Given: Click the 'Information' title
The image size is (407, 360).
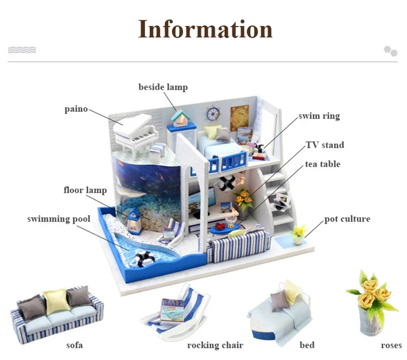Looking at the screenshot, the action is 206,29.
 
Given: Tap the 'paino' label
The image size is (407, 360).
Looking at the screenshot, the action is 76,109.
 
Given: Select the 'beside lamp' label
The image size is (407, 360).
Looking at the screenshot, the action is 163,87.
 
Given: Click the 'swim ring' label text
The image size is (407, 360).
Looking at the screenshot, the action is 319,115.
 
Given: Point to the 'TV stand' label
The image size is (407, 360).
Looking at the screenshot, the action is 325,145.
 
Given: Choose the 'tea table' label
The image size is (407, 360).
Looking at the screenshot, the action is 323,164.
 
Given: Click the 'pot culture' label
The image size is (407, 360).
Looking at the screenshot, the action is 347,219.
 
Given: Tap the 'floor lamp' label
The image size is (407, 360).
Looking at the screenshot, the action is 85,190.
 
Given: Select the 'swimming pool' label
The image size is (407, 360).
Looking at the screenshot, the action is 59,219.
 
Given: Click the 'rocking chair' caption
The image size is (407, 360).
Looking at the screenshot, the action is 215,345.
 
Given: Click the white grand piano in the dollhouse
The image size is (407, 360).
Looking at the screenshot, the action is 135,135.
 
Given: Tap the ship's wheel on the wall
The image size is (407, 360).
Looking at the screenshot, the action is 213,113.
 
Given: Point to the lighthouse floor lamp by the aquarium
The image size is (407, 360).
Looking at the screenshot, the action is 134,221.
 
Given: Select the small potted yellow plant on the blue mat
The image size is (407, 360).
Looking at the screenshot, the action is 299,234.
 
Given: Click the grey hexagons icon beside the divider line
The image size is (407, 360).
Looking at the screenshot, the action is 391,51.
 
